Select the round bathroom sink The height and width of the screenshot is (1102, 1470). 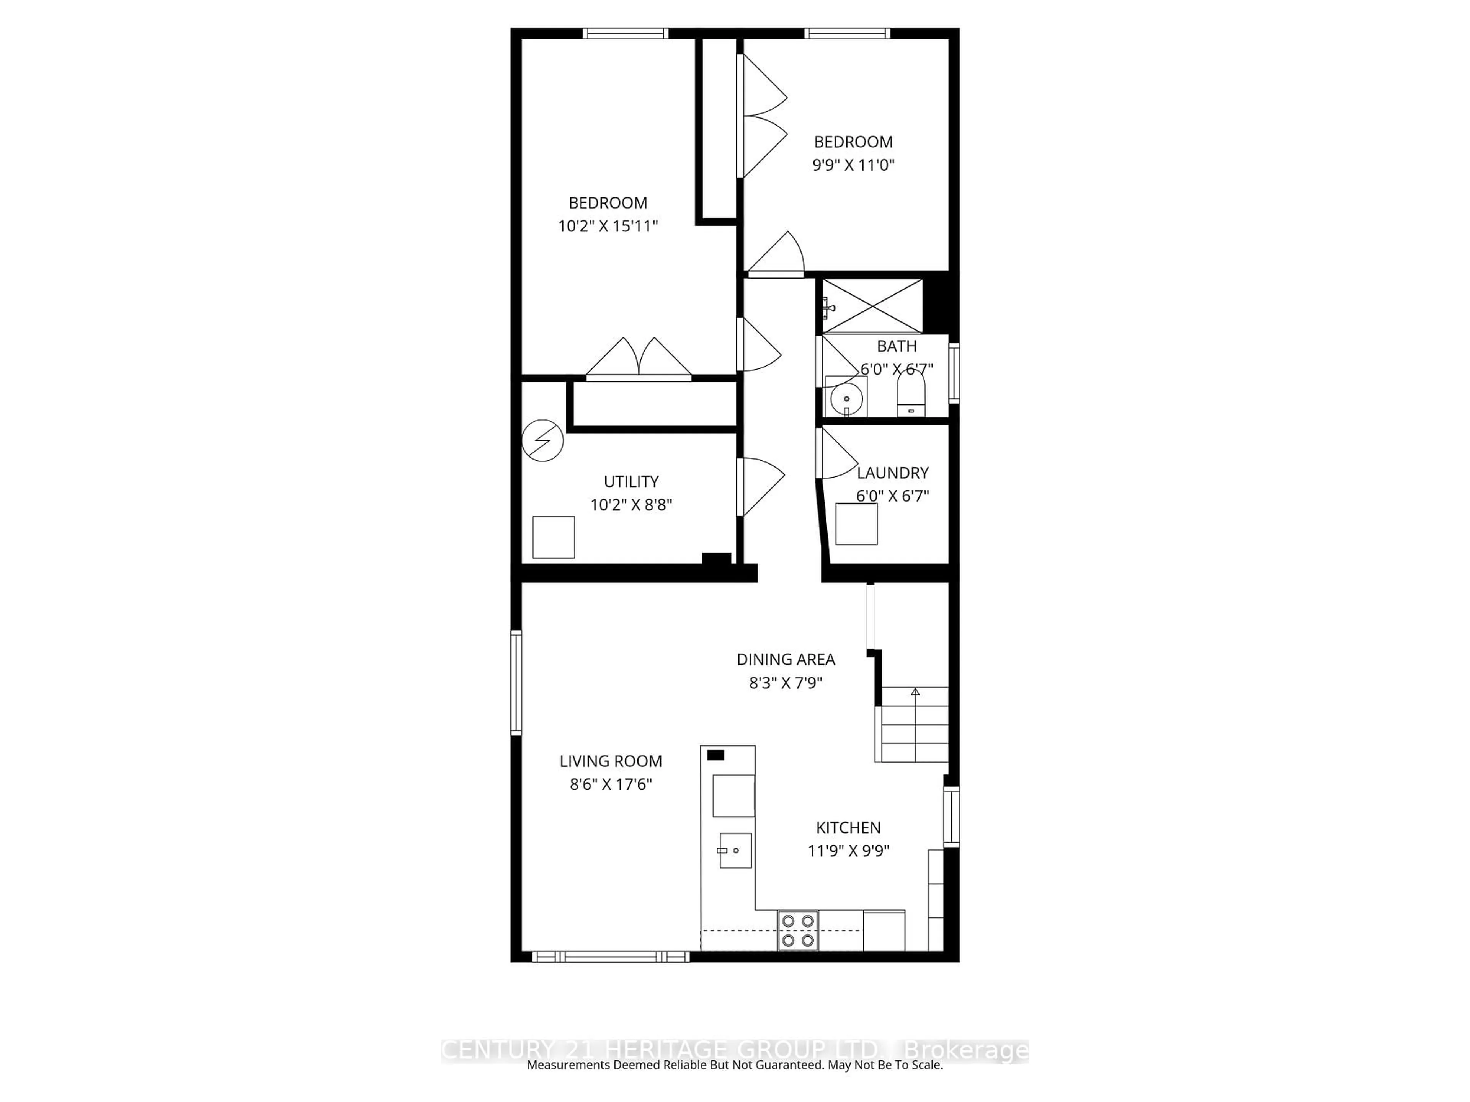click(x=846, y=399)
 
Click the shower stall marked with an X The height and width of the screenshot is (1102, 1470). click(x=872, y=306)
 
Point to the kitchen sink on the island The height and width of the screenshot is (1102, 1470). click(x=735, y=850)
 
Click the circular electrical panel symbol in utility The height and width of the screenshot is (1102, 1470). click(x=542, y=440)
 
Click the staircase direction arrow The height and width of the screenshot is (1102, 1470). click(x=915, y=692)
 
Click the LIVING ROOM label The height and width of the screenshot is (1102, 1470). click(x=610, y=761)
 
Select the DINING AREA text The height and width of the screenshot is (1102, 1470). click(x=786, y=660)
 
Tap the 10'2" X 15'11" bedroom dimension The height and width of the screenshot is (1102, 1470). click(x=608, y=226)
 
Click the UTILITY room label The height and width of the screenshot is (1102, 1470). click(x=630, y=482)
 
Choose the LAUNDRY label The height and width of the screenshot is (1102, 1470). click(x=892, y=473)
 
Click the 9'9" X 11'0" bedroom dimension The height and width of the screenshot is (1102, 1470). click(x=853, y=165)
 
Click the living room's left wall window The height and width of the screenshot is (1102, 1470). click(x=516, y=682)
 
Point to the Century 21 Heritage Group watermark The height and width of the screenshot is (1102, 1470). click(x=734, y=1050)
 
